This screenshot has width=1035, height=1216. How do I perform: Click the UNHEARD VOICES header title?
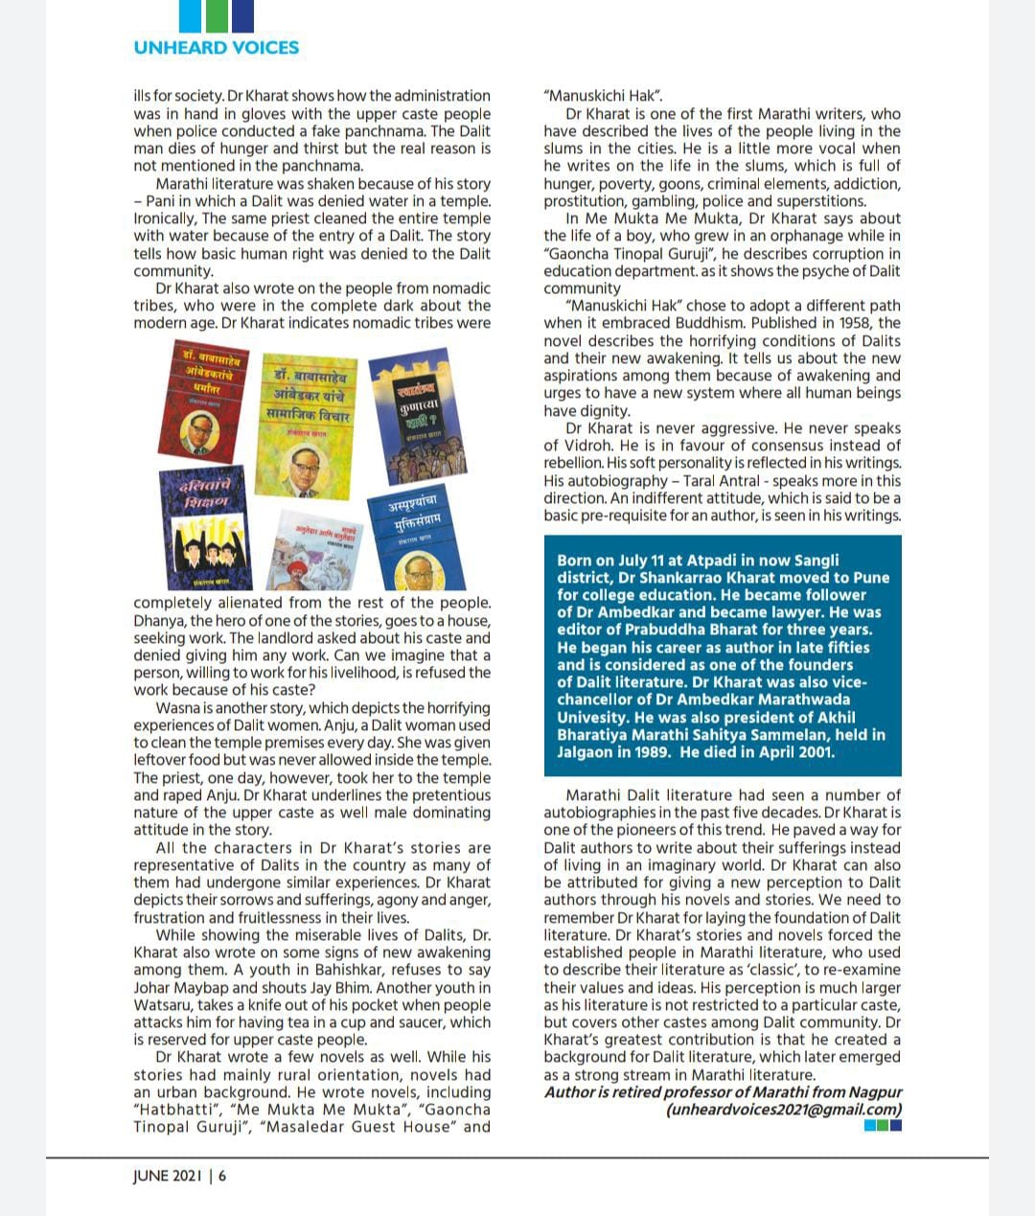217,47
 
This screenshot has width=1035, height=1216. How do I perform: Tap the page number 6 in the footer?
222,1176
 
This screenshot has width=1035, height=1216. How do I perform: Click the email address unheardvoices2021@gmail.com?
784,1110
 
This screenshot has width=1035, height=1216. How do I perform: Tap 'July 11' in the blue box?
655,561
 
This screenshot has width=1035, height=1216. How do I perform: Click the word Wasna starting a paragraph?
179,708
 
